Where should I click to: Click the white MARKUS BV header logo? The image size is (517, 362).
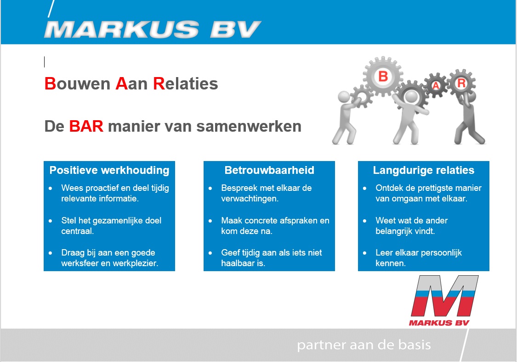[x=153, y=29]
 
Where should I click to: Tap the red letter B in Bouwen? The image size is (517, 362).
[x=50, y=84]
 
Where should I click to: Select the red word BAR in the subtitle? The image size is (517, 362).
[x=86, y=126]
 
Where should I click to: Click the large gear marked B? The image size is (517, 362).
[x=383, y=76]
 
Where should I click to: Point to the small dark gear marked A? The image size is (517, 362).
[x=436, y=85]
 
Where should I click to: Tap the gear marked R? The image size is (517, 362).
[x=461, y=83]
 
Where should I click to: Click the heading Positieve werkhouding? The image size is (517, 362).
[x=109, y=170]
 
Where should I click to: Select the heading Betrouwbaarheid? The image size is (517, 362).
[x=269, y=170]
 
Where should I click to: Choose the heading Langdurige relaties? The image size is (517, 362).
[x=424, y=170]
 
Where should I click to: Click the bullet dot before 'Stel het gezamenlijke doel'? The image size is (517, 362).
[x=51, y=221]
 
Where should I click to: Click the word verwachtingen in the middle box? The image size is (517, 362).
[x=250, y=199]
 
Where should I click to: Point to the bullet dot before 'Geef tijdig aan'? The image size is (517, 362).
[x=210, y=253]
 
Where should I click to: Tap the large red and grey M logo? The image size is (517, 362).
[x=444, y=296]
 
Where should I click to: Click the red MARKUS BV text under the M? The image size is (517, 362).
[x=439, y=323]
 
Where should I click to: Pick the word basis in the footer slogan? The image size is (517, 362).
[x=415, y=345]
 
